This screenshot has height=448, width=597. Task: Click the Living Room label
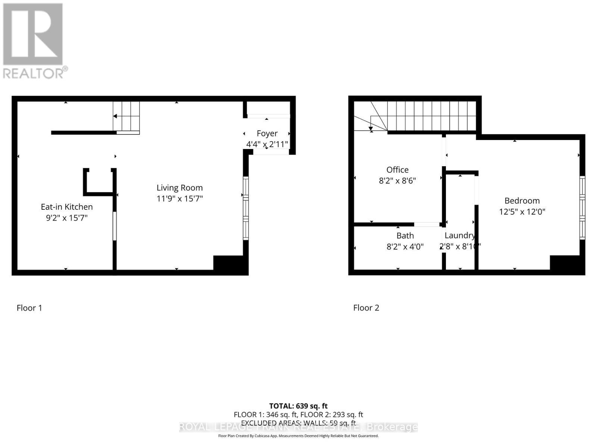pos(179,188)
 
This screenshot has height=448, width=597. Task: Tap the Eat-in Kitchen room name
pos(67,207)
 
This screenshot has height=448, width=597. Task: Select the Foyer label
pos(267,133)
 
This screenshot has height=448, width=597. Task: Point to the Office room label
pos(397,170)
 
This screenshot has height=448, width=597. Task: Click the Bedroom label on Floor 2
pos(522,201)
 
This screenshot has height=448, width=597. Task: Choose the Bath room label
pos(405,236)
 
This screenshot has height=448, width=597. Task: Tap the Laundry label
pos(460,236)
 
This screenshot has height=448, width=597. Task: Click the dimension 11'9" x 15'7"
pos(179,199)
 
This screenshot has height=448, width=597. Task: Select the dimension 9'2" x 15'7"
pos(67,218)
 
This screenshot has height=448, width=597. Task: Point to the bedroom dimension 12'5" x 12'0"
pos(522,212)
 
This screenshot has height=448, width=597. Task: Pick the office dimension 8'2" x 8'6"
pos(397,181)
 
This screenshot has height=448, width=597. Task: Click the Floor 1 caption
pos(29,308)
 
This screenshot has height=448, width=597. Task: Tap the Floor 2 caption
pos(366,308)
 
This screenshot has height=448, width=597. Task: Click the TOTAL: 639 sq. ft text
pos(298,406)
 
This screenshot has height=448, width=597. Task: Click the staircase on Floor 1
pos(126,117)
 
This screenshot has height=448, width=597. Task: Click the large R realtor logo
pos(33,34)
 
